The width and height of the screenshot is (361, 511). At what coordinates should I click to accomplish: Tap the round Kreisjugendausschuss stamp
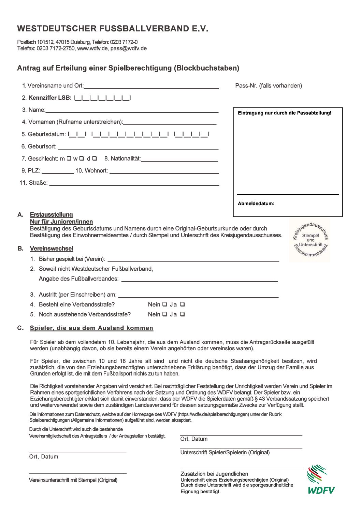point(310,240)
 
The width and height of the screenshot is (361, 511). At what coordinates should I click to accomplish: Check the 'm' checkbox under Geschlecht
point(69,158)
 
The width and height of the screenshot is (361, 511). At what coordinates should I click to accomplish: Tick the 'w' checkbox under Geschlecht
point(82,158)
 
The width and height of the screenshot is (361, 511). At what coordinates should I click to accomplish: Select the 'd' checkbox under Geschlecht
point(95,158)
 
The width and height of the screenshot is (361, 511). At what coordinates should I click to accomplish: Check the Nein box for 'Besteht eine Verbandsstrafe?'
point(164,304)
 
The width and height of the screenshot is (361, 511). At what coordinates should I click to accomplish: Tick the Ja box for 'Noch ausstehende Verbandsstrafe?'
point(182,314)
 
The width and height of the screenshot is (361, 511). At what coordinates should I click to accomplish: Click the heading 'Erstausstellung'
point(52,214)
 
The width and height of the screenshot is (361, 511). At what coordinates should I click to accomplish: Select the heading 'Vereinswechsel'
point(52,249)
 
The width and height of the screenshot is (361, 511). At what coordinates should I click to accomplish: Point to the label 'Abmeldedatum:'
point(256,203)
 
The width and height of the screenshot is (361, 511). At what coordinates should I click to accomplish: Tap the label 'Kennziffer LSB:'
point(50,98)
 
